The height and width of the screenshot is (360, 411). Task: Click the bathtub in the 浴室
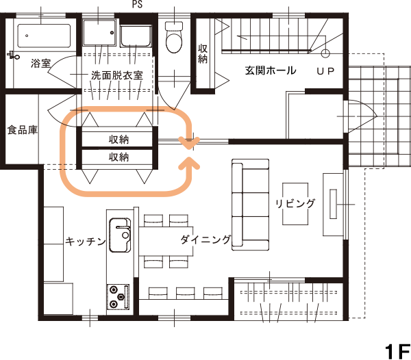pos(44,36)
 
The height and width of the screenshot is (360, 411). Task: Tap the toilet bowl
pos(174,37)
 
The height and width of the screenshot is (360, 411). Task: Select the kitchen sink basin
pos(120,235)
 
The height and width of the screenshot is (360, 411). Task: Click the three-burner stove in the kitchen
pos(118,296)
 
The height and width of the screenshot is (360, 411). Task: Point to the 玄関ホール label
pos(271,70)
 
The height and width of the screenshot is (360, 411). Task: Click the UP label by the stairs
pos(325,71)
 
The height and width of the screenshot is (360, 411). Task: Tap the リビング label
pos(295,203)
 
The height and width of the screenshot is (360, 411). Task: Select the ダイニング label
pos(206,240)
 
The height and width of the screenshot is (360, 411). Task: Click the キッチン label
pos(86,241)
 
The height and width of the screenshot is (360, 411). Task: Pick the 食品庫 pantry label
pos(23,130)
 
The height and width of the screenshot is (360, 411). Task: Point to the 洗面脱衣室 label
pos(117,75)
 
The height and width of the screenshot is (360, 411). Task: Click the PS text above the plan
pos(137,4)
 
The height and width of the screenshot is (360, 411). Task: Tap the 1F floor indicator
pos(397,352)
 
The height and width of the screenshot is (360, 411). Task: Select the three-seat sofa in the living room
pos(250,205)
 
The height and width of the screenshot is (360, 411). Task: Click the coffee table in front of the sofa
pos(295,204)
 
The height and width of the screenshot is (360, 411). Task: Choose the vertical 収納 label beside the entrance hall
pos(203,54)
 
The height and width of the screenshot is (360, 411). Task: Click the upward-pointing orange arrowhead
pos(189,164)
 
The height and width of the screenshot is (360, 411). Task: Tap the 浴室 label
pos(40,63)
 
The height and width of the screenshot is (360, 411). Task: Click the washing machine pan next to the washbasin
pos(136,36)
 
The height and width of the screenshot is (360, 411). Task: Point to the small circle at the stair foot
pos(325,53)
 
